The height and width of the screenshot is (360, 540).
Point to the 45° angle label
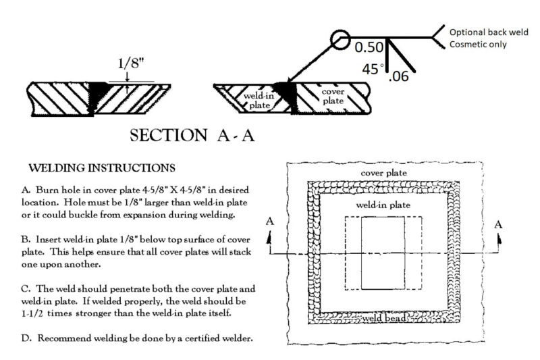[372, 70]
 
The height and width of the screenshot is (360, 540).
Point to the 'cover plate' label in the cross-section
[333, 96]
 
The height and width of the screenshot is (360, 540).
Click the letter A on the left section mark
[270, 224]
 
